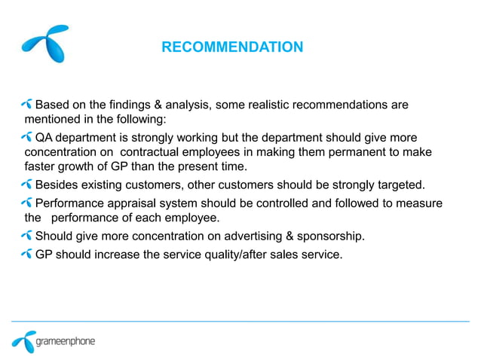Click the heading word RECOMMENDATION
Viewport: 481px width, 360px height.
pyautogui.click(x=232, y=48)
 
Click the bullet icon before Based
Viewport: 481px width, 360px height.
pyautogui.click(x=28, y=103)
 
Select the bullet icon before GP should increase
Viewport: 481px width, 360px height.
pyautogui.click(x=28, y=254)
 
